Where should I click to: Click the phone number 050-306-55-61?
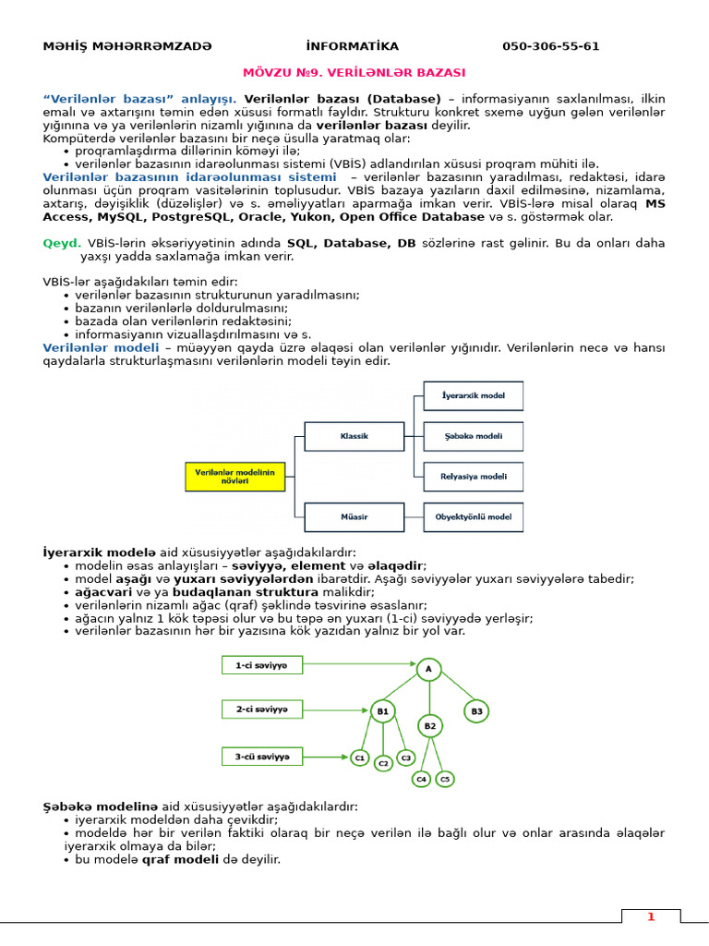550,46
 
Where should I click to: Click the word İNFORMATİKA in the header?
352,46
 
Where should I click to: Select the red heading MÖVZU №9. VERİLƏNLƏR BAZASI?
354,71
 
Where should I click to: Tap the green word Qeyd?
62,243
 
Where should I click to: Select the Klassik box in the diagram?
354,435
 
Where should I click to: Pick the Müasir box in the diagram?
354,516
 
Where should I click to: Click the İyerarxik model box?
473,396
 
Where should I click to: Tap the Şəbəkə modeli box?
473,436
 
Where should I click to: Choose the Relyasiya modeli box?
473,477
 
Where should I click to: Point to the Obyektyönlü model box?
473,516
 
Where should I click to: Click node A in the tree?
428,669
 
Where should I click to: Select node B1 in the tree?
383,711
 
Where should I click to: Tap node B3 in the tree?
476,711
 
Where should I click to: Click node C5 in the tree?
445,779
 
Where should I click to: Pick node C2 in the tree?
383,764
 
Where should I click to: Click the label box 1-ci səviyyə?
261,664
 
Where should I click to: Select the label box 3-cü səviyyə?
261,757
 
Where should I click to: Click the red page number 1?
650,916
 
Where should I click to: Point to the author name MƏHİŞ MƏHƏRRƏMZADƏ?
127,46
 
